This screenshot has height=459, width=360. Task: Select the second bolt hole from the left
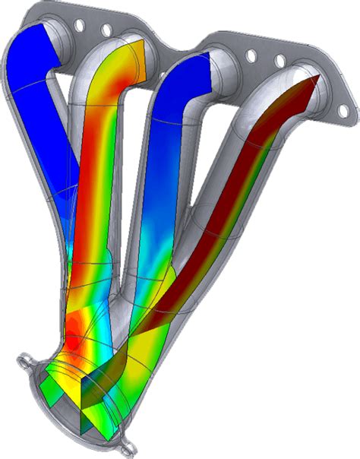click(106, 30)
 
